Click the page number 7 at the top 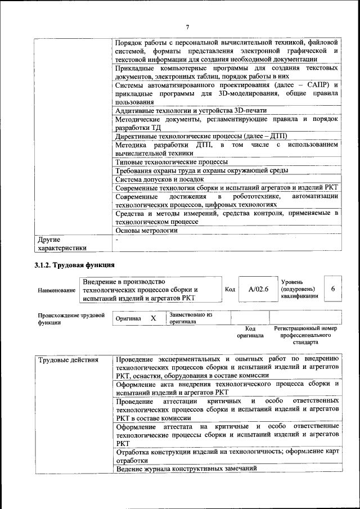(187, 27)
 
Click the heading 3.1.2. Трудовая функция (75, 264)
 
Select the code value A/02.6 (259, 289)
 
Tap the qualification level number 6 (333, 289)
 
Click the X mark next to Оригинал (153, 318)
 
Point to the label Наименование (56, 290)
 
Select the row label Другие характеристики (62, 243)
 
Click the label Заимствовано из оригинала (191, 318)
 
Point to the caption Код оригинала (250, 331)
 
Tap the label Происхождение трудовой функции (71, 319)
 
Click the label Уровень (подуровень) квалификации (299, 289)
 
